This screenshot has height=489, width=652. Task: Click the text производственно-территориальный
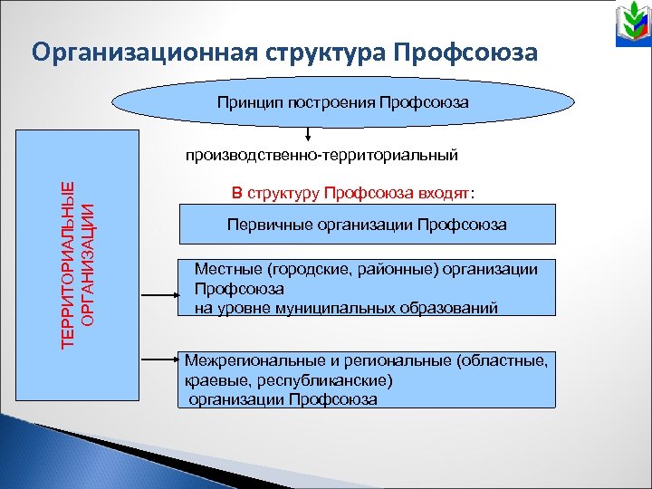coord(322,156)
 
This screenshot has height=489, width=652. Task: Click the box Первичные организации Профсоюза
coord(366,224)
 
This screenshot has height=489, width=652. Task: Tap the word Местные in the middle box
coord(225,269)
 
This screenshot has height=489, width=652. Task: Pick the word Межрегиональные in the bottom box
coord(242,360)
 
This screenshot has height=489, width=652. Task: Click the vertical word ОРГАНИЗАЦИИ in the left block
coord(87,264)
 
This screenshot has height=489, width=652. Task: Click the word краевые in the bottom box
coord(214,380)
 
